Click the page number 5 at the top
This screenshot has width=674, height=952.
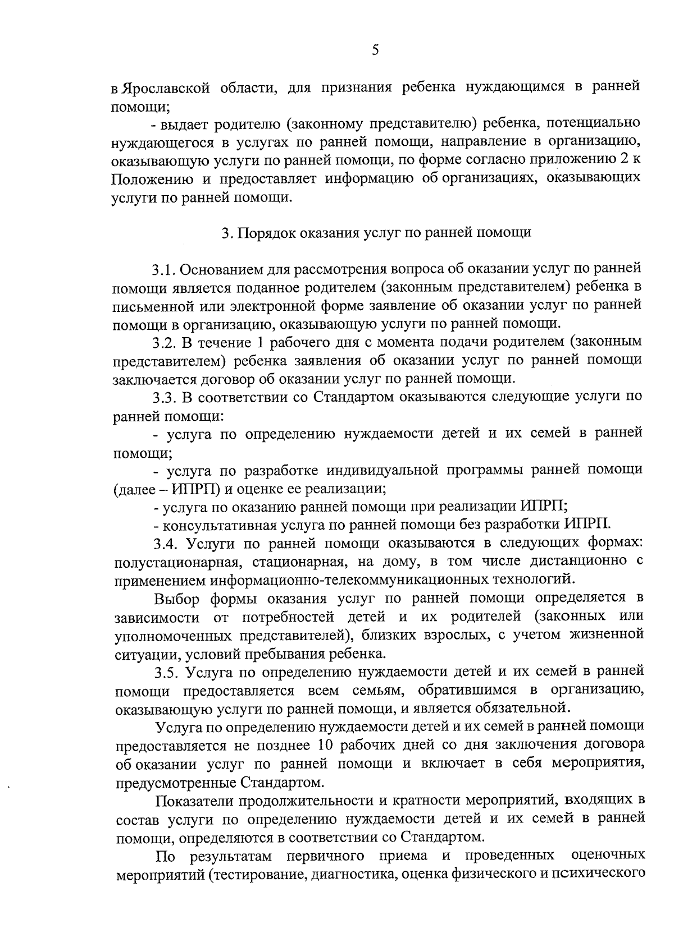pyautogui.click(x=375, y=50)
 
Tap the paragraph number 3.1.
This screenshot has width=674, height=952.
pyautogui.click(x=164, y=270)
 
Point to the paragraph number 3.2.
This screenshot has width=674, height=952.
pyautogui.click(x=164, y=342)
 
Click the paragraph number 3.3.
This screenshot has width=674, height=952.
pyautogui.click(x=164, y=397)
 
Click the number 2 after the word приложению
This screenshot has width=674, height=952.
pyautogui.click(x=622, y=160)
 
